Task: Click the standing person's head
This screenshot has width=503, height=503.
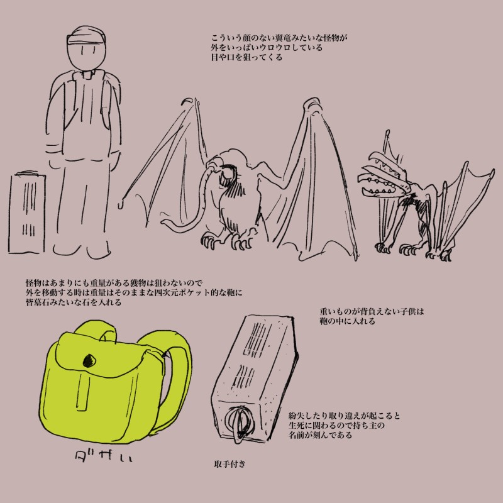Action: point(86,48)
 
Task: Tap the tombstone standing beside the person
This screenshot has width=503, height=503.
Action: point(26,213)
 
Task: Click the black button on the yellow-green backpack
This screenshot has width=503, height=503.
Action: point(89,361)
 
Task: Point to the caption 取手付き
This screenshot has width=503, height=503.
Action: point(229,464)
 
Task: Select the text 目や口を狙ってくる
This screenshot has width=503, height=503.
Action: point(246,57)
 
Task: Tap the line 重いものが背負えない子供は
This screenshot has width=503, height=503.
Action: point(372,311)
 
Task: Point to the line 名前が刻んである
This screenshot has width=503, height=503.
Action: point(320,435)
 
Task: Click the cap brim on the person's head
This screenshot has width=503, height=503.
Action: point(87,40)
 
